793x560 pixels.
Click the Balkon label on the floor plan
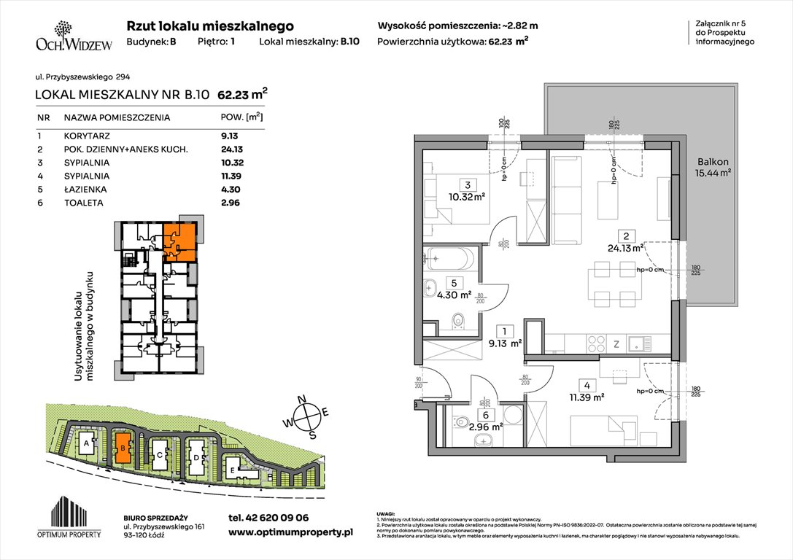pos(712,163)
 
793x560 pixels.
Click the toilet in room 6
pos(460,421)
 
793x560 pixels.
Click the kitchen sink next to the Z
pos(639,342)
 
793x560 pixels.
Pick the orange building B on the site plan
pos(123,448)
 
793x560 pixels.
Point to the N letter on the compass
pos(308,399)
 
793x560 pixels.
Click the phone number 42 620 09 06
pos(268,518)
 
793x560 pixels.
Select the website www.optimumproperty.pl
pos(290,533)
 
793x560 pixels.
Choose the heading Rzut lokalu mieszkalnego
pos(210,26)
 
